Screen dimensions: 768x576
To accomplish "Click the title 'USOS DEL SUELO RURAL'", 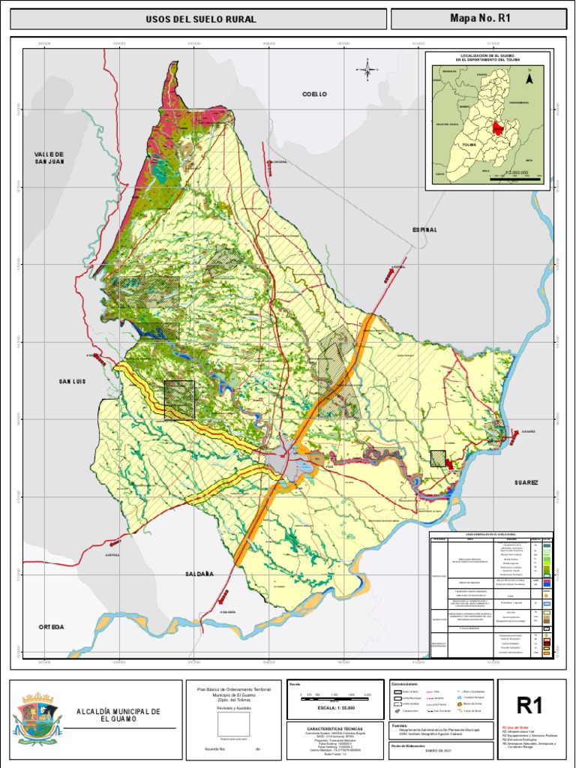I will click(x=201, y=19).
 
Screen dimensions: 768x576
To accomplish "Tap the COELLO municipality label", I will click(x=315, y=94).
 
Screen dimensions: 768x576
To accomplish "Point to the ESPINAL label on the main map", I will click(x=424, y=229).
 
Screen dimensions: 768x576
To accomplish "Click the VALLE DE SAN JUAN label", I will click(x=49, y=157).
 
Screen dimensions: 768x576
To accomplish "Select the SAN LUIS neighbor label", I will click(x=73, y=382).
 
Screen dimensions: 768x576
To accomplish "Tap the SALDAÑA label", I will click(x=199, y=574).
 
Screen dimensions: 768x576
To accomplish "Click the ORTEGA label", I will click(x=52, y=626).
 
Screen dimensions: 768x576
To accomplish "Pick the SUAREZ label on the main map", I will click(x=526, y=483).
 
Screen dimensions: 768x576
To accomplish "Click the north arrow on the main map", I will click(x=368, y=70).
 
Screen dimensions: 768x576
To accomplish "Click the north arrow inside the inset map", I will click(x=529, y=77).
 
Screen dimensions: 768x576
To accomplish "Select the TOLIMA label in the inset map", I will click(x=469, y=144).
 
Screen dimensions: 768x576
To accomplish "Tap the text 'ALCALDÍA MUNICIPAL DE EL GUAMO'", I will click(x=118, y=715).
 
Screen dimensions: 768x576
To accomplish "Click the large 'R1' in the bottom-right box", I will click(x=529, y=706).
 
